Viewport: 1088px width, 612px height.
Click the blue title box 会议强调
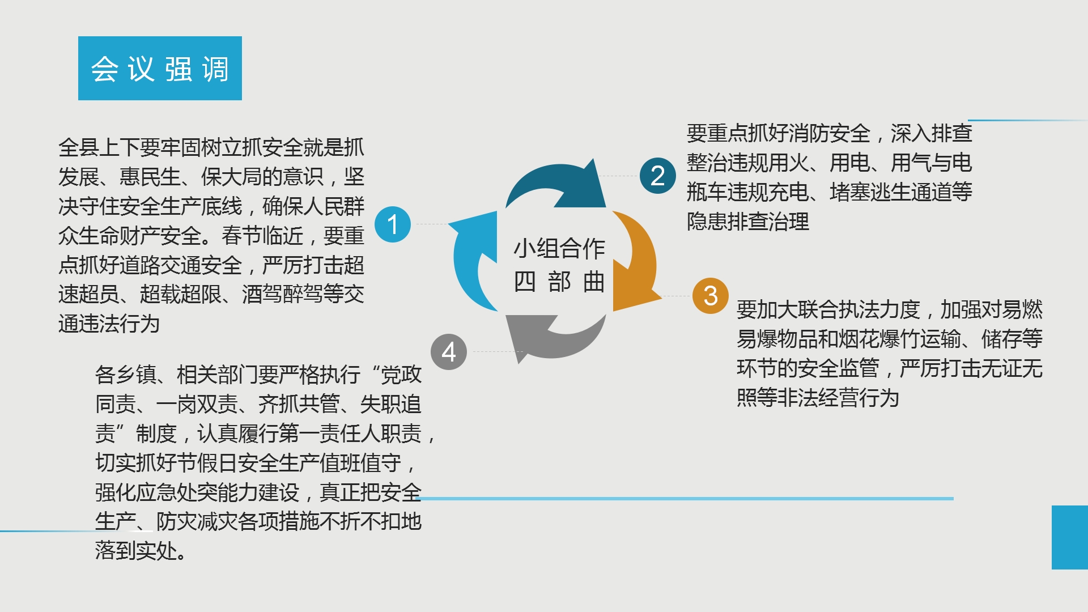coord(160,68)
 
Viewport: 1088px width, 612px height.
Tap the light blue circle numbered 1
coord(393,224)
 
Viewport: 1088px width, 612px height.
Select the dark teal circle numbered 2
coord(658,176)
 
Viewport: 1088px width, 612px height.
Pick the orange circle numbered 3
coord(711,296)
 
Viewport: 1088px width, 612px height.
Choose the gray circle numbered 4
coord(449,352)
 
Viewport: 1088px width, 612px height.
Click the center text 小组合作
coord(559,248)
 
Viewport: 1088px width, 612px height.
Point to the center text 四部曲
coord(559,282)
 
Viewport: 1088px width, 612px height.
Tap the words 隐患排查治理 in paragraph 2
coord(748,222)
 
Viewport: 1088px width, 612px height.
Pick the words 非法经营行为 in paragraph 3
coord(838,398)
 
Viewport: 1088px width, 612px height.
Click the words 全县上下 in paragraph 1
coord(99,147)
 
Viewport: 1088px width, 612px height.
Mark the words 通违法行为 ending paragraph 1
coord(109,324)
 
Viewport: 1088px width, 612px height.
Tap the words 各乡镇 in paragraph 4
coord(126,375)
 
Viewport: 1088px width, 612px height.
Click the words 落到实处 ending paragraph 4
coord(136,551)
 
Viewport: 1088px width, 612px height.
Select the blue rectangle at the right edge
coord(1070,537)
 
